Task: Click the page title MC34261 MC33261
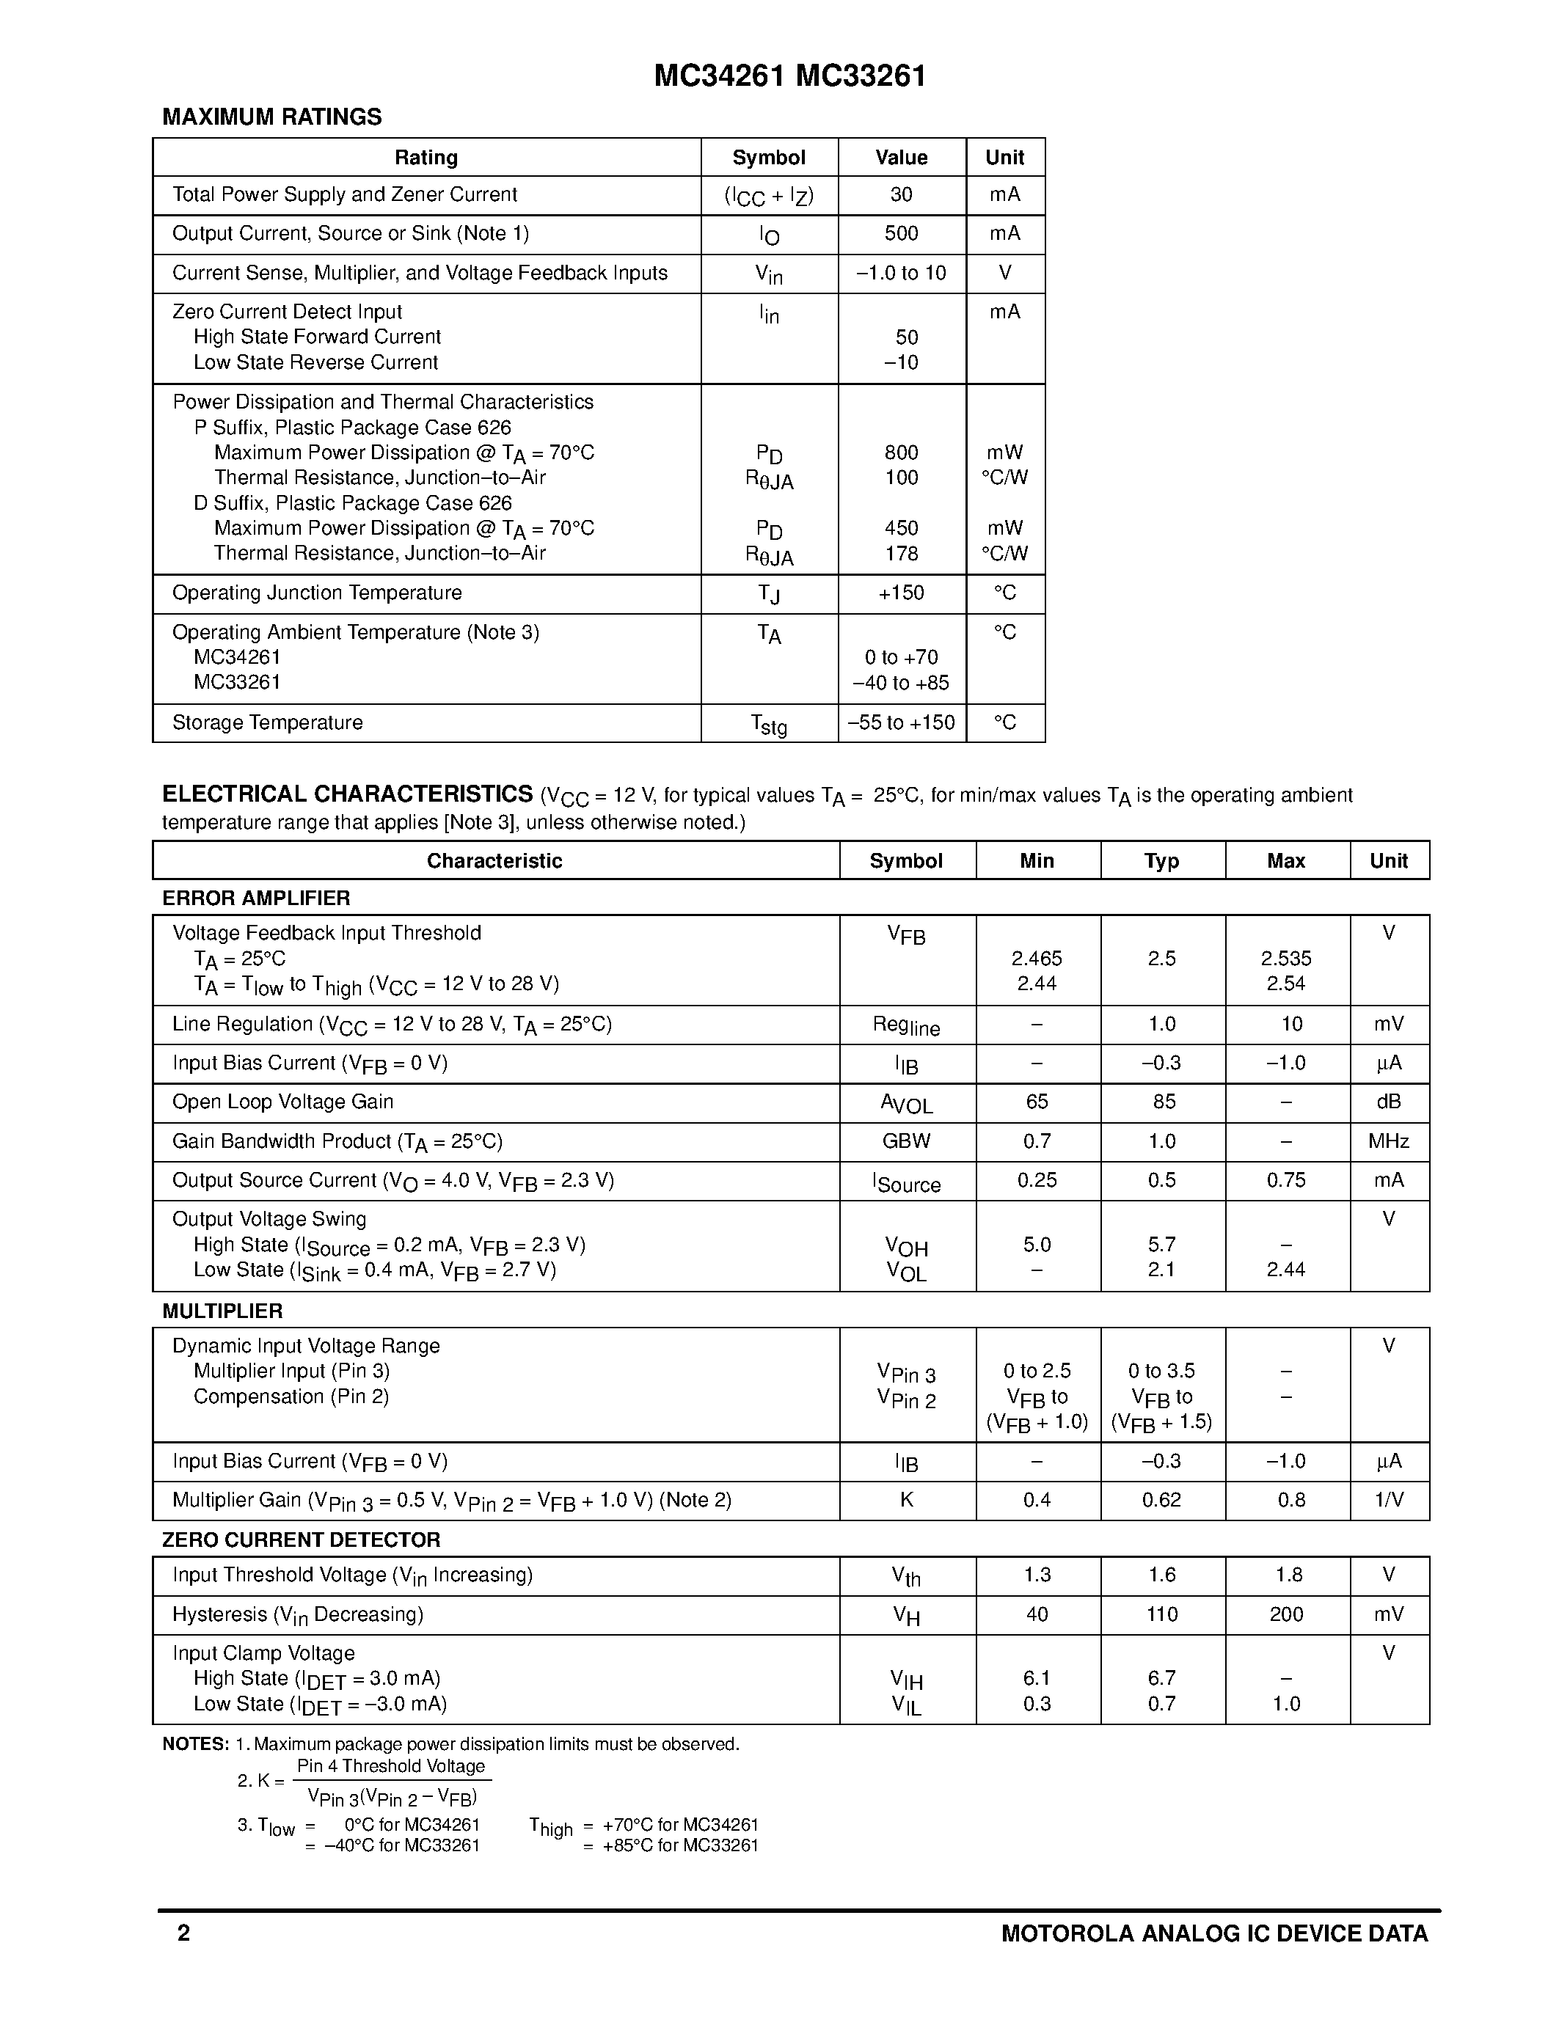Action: coord(789,76)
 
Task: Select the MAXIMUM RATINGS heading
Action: coord(271,117)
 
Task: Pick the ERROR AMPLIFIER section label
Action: coord(256,898)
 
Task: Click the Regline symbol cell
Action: coord(906,1026)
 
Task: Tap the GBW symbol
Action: coord(906,1141)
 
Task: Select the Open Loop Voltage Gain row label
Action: coord(282,1102)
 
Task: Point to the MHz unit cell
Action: coord(1388,1141)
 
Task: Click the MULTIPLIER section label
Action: coord(222,1311)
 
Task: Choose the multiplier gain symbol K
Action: coord(906,1500)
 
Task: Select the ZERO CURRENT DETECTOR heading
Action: coord(301,1540)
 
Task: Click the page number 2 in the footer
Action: coord(184,1933)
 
